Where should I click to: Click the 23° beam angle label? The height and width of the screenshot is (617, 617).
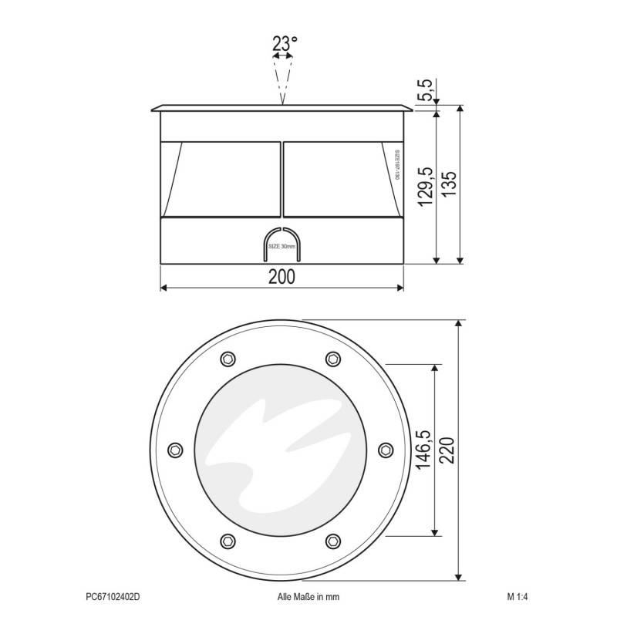tap(285, 44)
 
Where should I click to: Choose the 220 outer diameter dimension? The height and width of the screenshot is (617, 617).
tap(450, 450)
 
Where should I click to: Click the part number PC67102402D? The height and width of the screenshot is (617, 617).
tap(113, 596)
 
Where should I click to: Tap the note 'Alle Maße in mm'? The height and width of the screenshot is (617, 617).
tap(308, 596)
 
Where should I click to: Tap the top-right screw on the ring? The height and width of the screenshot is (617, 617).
tap(333, 358)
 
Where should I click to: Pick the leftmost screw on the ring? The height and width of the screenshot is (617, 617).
tap(174, 450)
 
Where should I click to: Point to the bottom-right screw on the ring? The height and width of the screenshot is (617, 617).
tap(333, 540)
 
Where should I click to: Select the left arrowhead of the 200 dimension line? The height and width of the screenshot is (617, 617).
tap(164, 288)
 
